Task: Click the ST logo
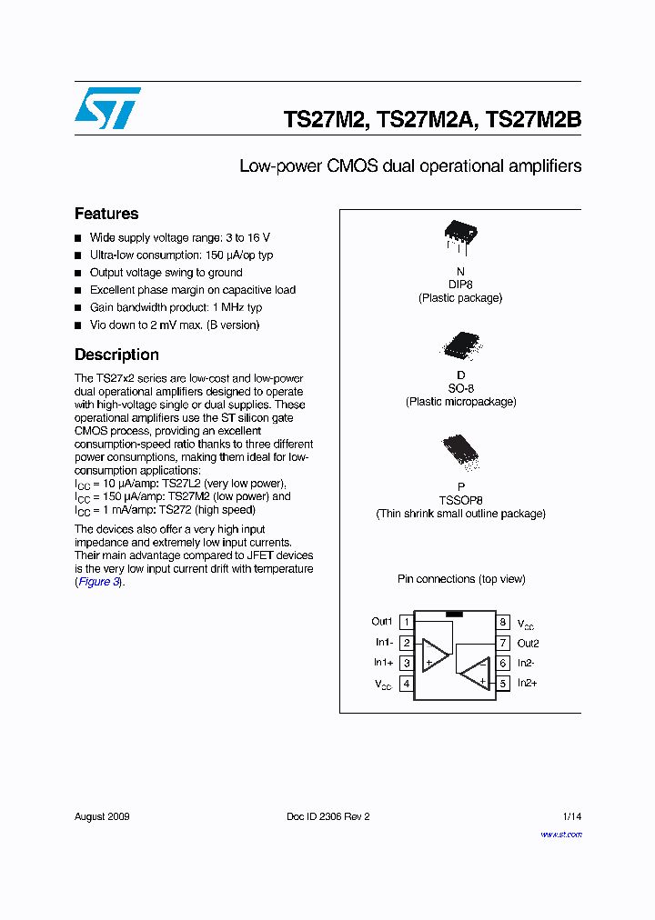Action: click(107, 108)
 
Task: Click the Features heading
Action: click(106, 214)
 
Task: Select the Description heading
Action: click(116, 355)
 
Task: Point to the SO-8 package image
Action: click(460, 345)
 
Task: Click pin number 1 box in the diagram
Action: click(407, 623)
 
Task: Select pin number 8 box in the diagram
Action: click(502, 623)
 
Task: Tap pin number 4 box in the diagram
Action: click(407, 684)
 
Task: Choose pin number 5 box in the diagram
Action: click(502, 684)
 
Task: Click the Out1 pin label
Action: click(381, 622)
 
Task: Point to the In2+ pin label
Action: click(528, 683)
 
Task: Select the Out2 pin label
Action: click(529, 643)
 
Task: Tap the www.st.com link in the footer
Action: click(561, 834)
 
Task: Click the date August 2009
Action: click(102, 816)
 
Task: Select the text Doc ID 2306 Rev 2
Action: click(328, 816)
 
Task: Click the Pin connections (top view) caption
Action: click(461, 579)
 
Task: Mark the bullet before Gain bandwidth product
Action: click(78, 308)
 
